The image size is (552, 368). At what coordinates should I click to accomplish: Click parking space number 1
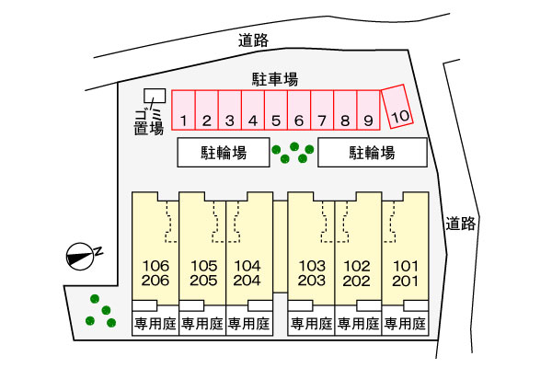183,110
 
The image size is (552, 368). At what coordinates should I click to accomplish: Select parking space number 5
276,110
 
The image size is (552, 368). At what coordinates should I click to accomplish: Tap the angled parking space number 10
397,107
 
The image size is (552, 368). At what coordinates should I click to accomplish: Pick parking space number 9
368,110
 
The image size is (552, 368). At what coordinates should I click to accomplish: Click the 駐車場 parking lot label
275,80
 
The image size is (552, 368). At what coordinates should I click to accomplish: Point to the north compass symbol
81,257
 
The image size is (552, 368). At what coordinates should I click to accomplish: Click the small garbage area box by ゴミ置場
155,96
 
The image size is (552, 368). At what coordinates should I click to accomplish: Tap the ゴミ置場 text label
149,122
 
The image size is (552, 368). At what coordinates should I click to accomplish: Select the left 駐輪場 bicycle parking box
224,153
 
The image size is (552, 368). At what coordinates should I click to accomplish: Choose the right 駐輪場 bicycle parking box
373,153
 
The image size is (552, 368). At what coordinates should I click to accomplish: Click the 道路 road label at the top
254,40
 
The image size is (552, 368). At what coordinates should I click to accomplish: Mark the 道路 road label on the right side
461,224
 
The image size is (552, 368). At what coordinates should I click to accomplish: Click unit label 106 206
155,273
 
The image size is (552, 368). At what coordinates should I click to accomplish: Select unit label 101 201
405,273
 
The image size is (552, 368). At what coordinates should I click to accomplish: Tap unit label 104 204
247,273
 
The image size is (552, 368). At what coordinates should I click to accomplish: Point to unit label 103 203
312,273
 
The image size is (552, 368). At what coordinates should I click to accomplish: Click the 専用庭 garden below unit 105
202,324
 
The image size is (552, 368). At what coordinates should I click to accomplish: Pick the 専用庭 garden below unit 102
358,324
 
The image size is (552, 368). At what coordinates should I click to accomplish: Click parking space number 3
229,110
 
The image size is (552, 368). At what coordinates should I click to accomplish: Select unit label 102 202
357,273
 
